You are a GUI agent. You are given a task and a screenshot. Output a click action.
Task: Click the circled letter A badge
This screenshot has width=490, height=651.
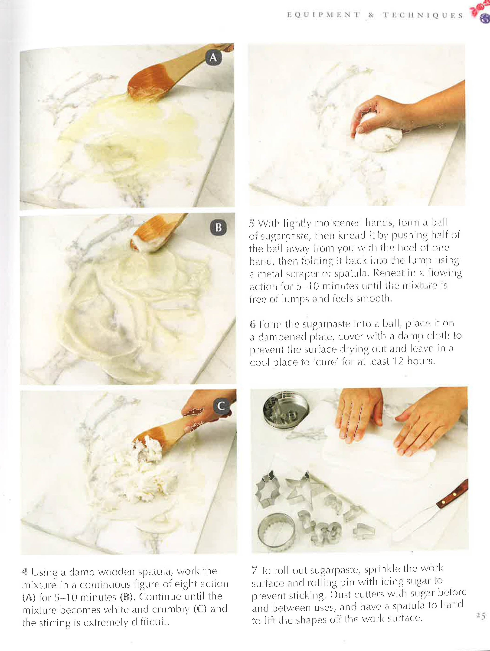coord(213,58)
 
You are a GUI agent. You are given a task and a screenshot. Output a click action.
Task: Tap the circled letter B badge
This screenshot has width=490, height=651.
coord(218,228)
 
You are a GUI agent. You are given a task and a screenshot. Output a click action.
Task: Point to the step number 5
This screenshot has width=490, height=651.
coord(252,223)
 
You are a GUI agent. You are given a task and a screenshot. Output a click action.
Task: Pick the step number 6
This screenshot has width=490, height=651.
coord(253,325)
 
